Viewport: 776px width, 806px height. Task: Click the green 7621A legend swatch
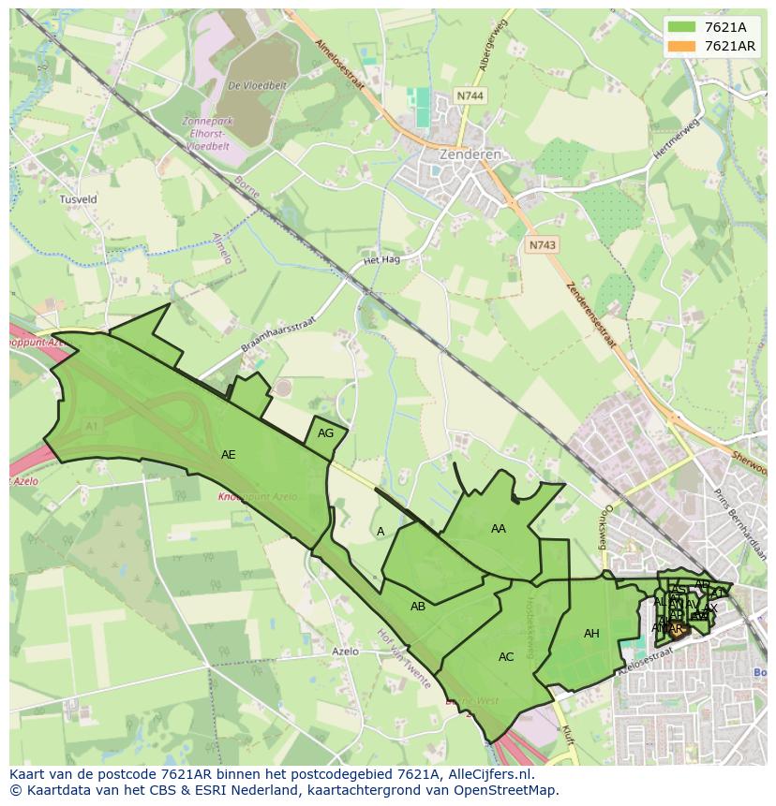[682, 27]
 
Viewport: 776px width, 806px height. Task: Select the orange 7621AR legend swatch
[682, 46]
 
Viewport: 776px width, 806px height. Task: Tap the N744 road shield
[470, 95]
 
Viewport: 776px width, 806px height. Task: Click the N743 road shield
[541, 244]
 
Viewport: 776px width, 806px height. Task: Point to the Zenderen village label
[470, 154]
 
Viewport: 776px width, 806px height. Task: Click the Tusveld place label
[78, 199]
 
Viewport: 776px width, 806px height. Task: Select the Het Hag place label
[382, 260]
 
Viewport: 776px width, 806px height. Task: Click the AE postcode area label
[228, 455]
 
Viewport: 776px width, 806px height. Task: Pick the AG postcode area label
[325, 433]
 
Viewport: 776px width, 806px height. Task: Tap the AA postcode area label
[498, 529]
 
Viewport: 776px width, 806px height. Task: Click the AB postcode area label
[418, 607]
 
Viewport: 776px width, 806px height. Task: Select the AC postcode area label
[506, 657]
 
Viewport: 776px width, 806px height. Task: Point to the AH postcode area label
[591, 634]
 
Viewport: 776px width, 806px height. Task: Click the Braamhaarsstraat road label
[278, 334]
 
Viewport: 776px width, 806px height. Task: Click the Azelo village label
[346, 651]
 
